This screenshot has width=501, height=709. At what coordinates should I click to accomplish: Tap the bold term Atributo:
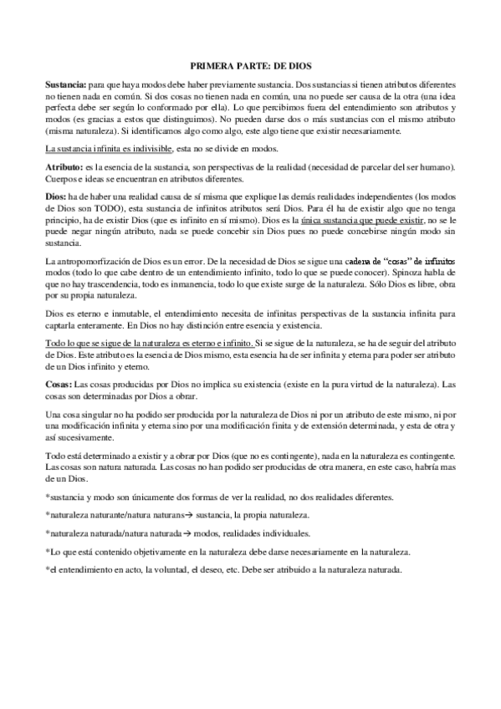pos(63,168)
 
